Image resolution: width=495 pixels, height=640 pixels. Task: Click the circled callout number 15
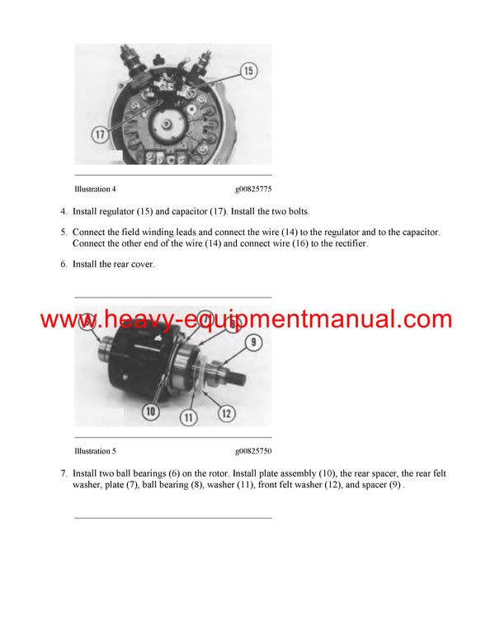pyautogui.click(x=248, y=72)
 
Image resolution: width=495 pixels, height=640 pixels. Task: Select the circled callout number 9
pyautogui.click(x=254, y=342)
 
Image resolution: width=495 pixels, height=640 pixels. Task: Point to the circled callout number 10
pyautogui.click(x=150, y=410)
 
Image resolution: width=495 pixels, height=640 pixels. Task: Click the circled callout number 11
pyautogui.click(x=188, y=418)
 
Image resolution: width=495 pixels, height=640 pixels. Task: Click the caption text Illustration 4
pyautogui.click(x=95, y=190)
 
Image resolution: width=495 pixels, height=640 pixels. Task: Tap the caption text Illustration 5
pyautogui.click(x=95, y=451)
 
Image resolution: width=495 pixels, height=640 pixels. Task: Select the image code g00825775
pyautogui.click(x=252, y=190)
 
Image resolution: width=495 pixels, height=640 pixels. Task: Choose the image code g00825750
pyautogui.click(x=252, y=451)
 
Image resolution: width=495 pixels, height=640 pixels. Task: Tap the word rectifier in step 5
pyautogui.click(x=347, y=244)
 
